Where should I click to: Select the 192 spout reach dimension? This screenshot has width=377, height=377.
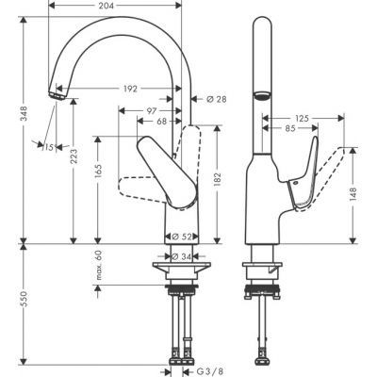tap(130, 89)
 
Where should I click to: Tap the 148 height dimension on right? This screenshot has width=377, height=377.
tap(353, 194)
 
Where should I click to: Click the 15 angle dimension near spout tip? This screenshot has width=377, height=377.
tap(47, 146)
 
